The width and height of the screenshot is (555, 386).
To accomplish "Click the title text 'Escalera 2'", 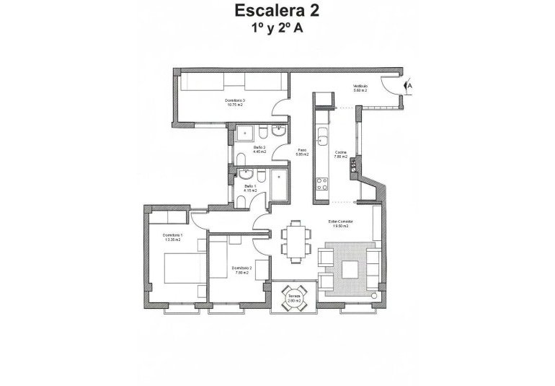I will (277, 11).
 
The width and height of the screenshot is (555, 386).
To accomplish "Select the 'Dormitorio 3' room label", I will (235, 100).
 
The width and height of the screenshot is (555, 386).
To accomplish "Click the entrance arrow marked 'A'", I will (409, 84).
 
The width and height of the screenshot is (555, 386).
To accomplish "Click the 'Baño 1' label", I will (250, 186).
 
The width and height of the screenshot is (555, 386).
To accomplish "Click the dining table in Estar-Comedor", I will (296, 238).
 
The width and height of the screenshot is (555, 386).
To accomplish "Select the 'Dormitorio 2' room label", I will (240, 268).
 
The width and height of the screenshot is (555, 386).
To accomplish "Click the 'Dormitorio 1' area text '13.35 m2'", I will (173, 240).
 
